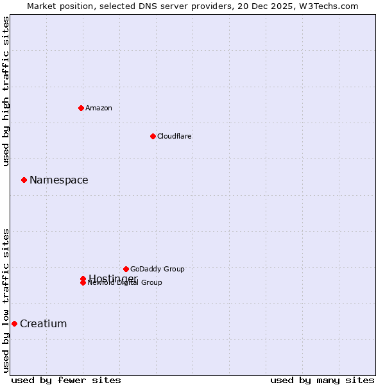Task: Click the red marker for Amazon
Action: coord(81,108)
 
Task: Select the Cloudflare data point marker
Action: coord(153,136)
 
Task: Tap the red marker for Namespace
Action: coord(24,180)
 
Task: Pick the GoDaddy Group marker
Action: coord(126,269)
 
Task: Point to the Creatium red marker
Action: coord(14,323)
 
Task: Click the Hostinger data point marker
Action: coord(83,278)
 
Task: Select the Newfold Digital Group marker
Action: coord(83,283)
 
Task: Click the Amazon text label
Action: coord(99,108)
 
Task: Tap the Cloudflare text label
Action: coord(175,136)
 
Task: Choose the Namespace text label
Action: coord(59,180)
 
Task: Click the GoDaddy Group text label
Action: coord(157,269)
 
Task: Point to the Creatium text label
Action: coord(44,323)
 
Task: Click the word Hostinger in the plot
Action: coord(113,278)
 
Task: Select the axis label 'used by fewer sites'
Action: coord(66,381)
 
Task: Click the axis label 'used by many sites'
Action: coord(322,381)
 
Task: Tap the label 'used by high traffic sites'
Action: coord(6,91)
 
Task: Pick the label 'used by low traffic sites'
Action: coord(6,300)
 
